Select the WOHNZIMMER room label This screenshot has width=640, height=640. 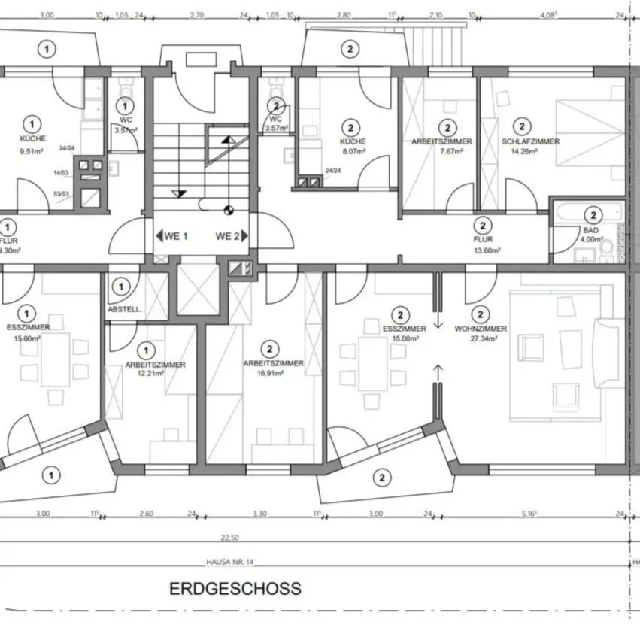click(x=481, y=329)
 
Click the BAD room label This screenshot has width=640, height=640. click(x=592, y=230)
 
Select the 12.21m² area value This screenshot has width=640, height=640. click(x=146, y=374)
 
